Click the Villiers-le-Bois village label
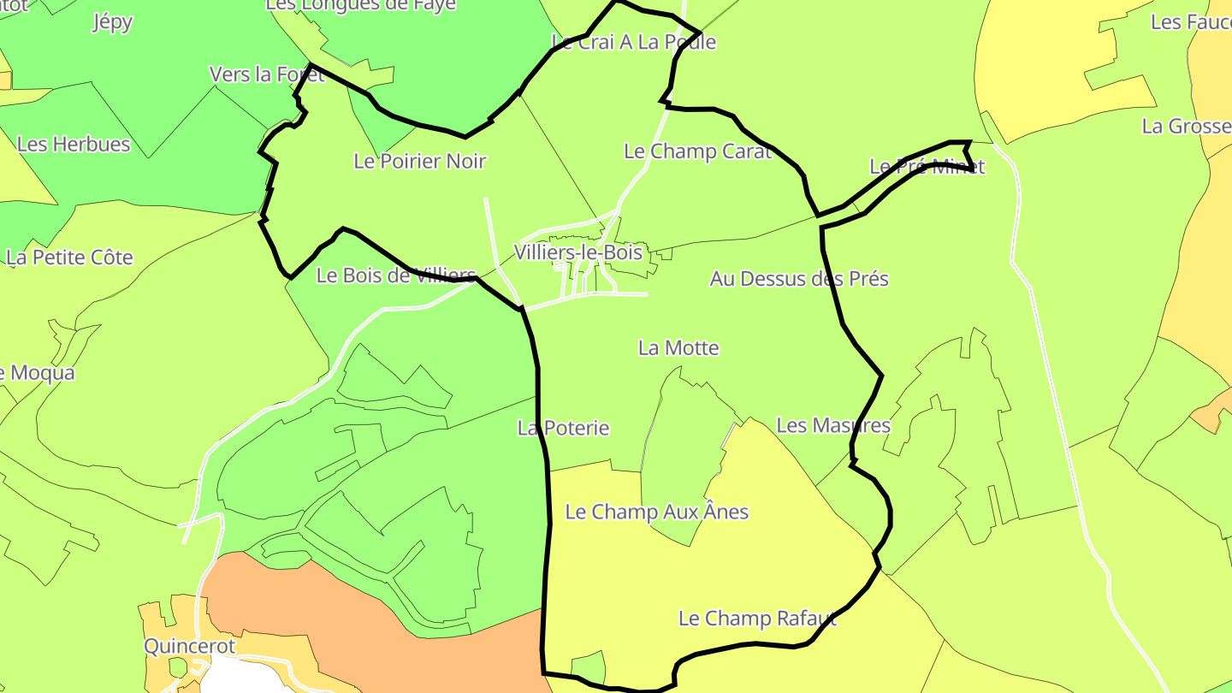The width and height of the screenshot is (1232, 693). [x=577, y=252]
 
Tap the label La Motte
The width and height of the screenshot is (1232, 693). [x=678, y=348]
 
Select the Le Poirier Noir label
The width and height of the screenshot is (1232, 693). [x=419, y=161]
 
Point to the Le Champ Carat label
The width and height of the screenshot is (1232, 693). [x=697, y=151]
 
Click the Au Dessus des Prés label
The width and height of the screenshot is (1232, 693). [x=799, y=279]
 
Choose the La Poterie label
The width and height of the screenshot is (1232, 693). [x=563, y=428]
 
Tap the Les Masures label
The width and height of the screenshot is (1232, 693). [x=832, y=425]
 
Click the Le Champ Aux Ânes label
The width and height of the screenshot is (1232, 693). [x=657, y=512]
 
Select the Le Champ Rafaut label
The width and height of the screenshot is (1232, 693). [x=757, y=619]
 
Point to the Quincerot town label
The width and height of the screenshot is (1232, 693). [x=189, y=646]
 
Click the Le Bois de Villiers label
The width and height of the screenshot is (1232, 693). [x=395, y=275]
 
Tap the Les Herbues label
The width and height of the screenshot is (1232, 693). [x=74, y=144]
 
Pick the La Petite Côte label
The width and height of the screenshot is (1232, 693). [x=70, y=258]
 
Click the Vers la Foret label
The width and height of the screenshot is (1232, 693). [x=267, y=74]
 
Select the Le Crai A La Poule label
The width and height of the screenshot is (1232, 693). [x=633, y=42]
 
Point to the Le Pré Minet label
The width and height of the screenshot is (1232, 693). [x=927, y=167]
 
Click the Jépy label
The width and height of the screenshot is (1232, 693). [x=112, y=22]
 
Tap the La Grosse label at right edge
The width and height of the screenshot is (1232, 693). [x=1186, y=127]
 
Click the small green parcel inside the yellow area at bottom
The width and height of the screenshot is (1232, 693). [x=588, y=666]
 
